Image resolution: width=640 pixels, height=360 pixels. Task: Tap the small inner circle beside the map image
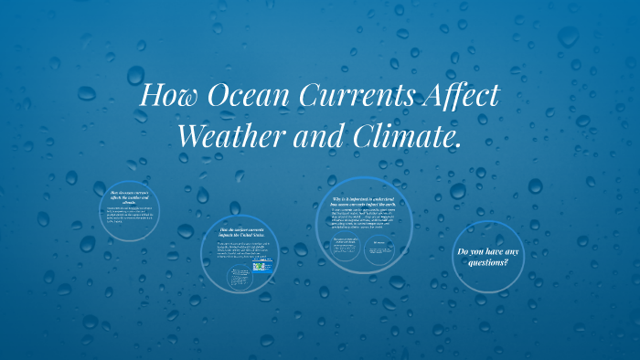click(240, 277)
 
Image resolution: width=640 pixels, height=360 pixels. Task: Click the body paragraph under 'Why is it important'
click(364, 217)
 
